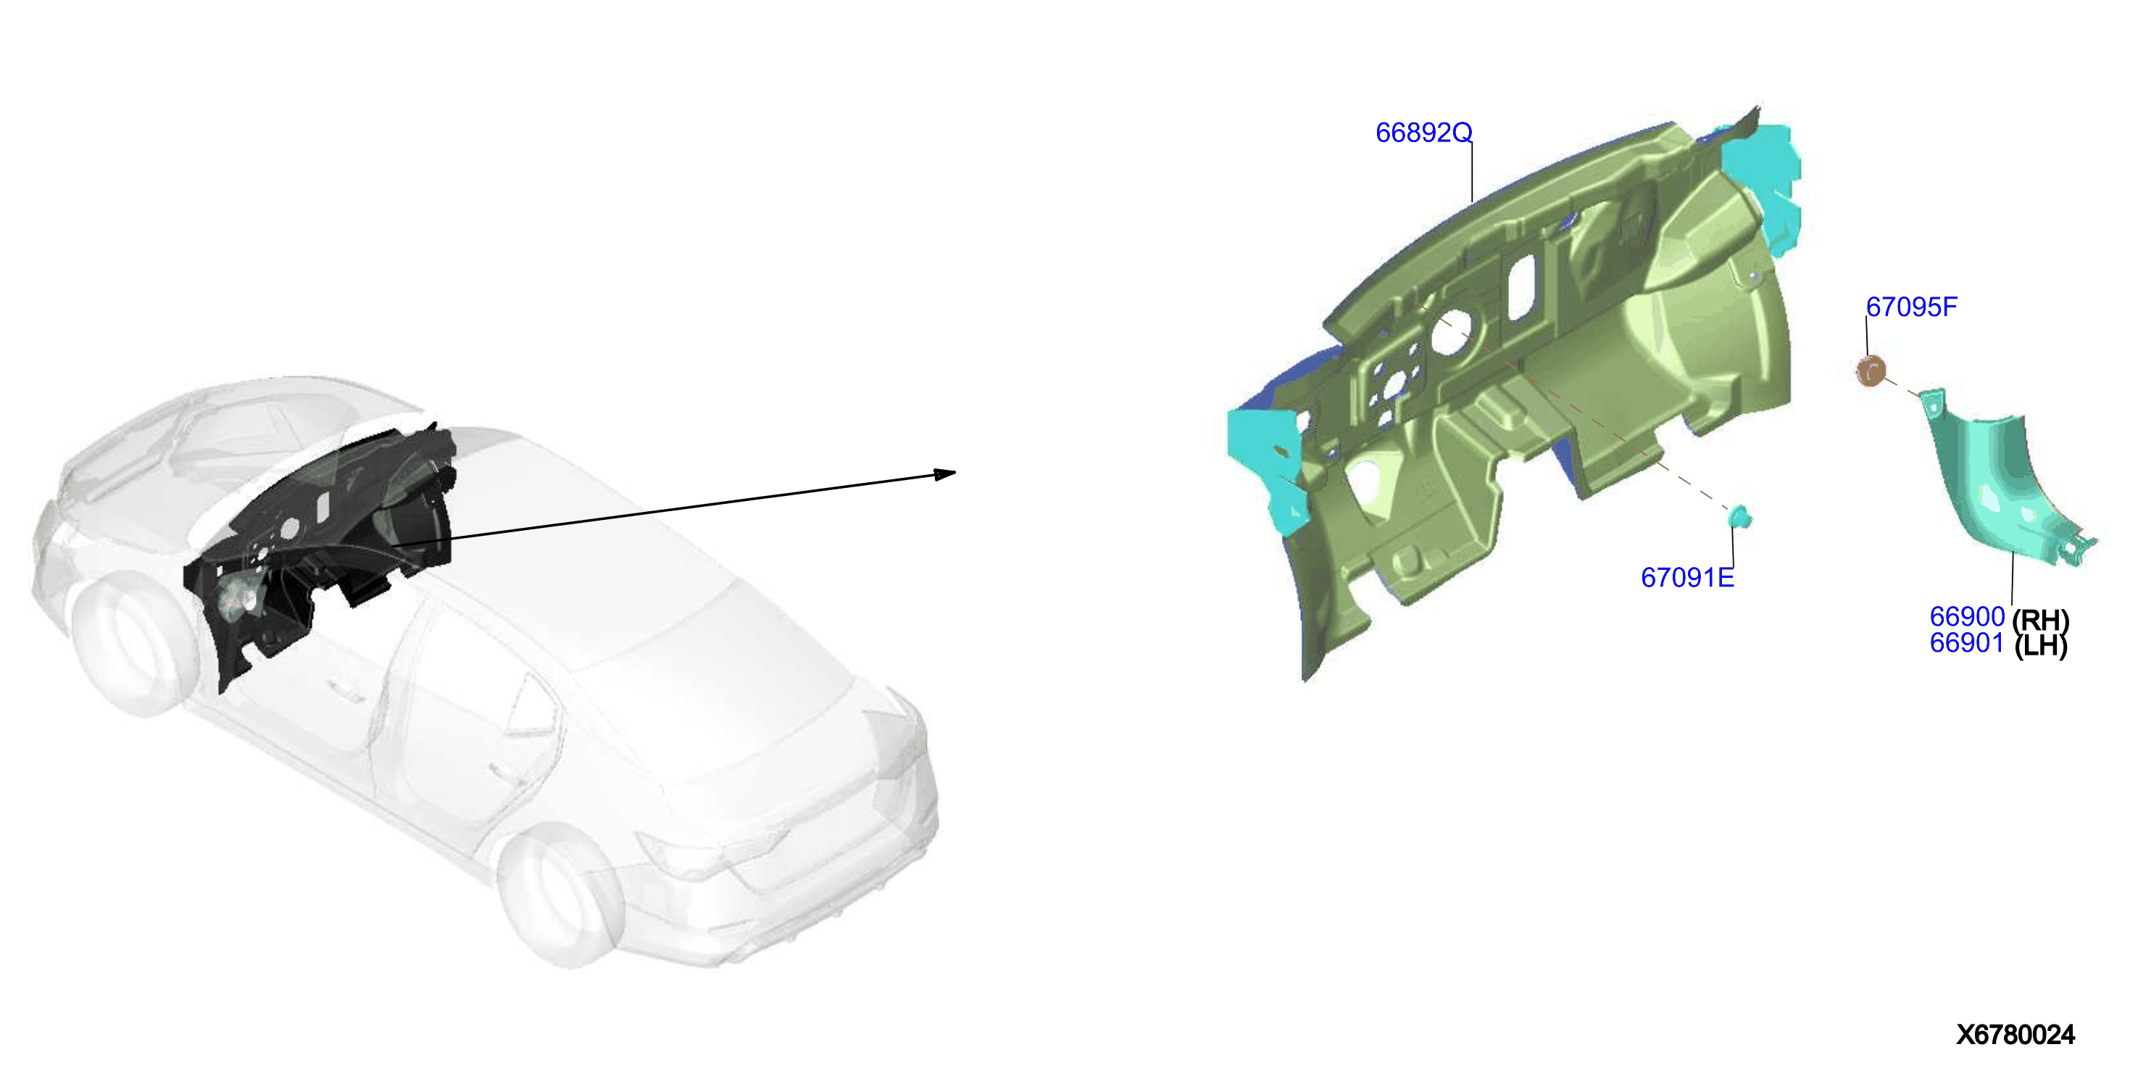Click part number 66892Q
pos(1423,133)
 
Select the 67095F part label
pos(1911,307)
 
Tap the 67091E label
pos(1686,577)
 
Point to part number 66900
pos(1967,616)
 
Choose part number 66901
pos(1967,642)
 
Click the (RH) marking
pos(2041,619)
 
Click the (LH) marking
pos(2041,645)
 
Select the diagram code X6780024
pos(2015,1035)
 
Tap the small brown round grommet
pos(1871,371)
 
